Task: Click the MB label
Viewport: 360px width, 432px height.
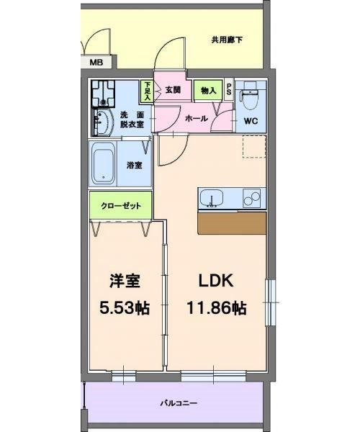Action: click(x=96, y=63)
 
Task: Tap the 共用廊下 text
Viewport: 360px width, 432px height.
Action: click(x=226, y=40)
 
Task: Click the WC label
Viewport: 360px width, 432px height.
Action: click(x=251, y=121)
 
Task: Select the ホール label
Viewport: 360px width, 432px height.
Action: click(x=197, y=118)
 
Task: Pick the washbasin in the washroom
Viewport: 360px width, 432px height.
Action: click(x=102, y=122)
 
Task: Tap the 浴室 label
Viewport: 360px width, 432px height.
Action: click(x=135, y=165)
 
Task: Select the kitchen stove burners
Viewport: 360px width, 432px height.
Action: click(x=253, y=197)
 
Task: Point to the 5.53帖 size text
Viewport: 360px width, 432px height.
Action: click(x=124, y=308)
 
